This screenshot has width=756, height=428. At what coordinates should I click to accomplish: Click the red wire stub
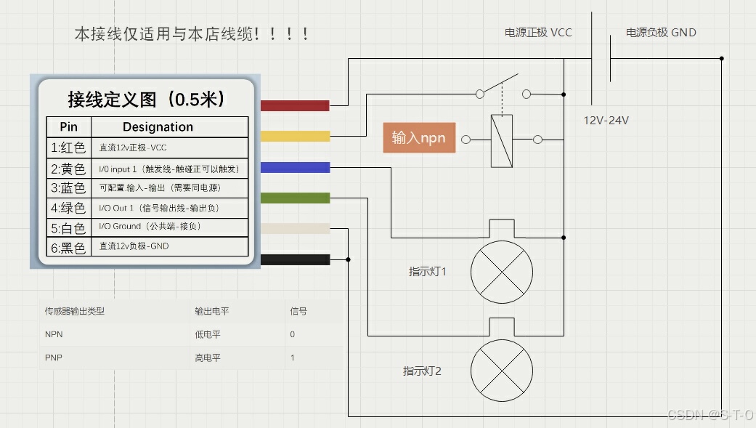[294, 105]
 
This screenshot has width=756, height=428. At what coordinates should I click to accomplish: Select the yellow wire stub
[294, 136]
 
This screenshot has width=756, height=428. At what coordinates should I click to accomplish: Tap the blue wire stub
[294, 167]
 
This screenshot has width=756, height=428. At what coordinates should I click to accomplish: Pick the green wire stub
[294, 198]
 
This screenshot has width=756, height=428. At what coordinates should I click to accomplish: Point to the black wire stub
[294, 259]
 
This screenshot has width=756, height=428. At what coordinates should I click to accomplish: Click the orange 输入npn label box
[419, 138]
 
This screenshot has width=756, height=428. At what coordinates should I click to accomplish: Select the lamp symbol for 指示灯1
[502, 271]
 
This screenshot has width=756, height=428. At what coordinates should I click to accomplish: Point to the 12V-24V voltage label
[606, 121]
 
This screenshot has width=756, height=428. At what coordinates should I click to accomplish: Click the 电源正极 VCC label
[538, 33]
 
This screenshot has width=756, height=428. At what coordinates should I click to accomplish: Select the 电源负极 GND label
[661, 33]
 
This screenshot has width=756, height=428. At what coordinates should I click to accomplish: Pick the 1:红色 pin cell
[68, 148]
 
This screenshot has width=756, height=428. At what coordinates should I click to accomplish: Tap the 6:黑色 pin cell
[68, 248]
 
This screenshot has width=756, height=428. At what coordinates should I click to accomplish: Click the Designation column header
[158, 127]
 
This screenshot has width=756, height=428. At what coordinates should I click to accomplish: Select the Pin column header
[68, 127]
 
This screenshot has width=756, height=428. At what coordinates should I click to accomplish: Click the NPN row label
[54, 334]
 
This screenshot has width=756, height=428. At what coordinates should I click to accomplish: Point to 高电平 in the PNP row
[207, 358]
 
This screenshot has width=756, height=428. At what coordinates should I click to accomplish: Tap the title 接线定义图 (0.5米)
[146, 99]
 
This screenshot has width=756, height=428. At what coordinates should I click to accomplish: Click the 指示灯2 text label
[422, 371]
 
